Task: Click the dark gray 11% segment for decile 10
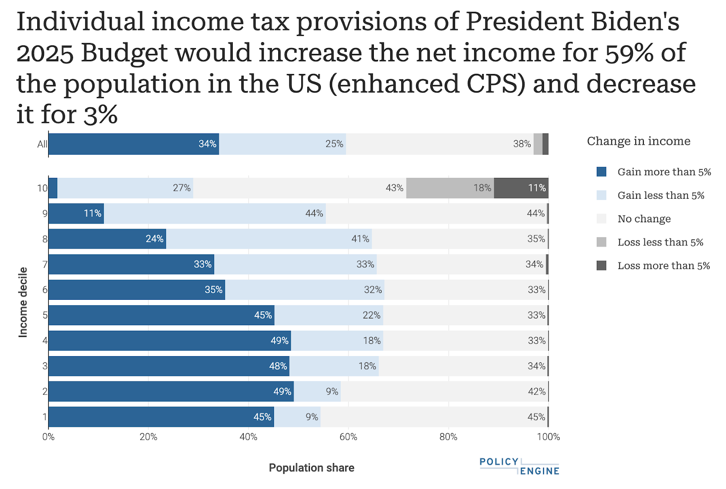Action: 521,188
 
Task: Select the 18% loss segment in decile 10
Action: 450,188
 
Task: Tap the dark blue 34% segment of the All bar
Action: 133,144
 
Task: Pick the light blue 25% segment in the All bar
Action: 282,144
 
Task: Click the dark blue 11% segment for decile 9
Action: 76,213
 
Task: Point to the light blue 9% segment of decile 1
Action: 297,417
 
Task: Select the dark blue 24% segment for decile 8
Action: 107,239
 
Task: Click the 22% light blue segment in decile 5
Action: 329,315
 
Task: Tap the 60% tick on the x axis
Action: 348,437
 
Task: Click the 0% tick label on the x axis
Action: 49,437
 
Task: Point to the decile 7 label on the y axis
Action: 45,264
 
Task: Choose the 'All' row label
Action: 42,144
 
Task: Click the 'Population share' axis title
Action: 311,468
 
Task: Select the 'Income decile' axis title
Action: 23,302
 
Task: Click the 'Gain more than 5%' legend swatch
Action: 601,172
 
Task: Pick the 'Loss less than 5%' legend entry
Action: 660,242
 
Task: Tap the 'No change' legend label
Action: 644,219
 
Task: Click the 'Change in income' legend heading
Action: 638,141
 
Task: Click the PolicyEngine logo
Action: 519,466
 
